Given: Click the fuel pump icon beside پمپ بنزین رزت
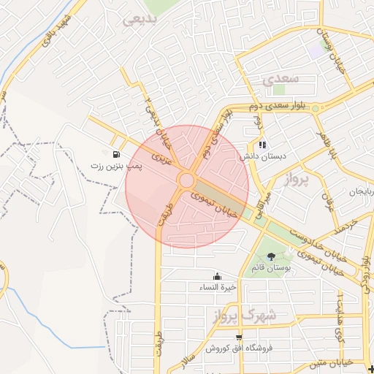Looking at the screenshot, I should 117,154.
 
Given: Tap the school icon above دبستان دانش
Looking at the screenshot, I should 262,145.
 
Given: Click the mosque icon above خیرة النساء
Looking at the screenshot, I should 217,276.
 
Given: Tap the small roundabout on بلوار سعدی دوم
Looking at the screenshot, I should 316,109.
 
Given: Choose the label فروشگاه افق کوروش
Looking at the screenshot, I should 250,348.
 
